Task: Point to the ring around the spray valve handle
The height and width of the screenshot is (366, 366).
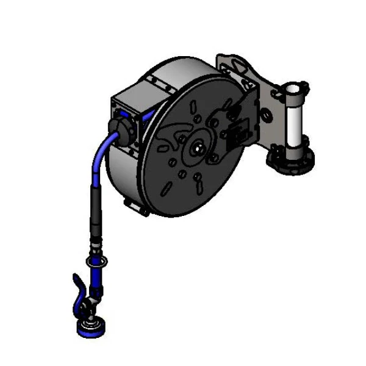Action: (96, 262)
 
